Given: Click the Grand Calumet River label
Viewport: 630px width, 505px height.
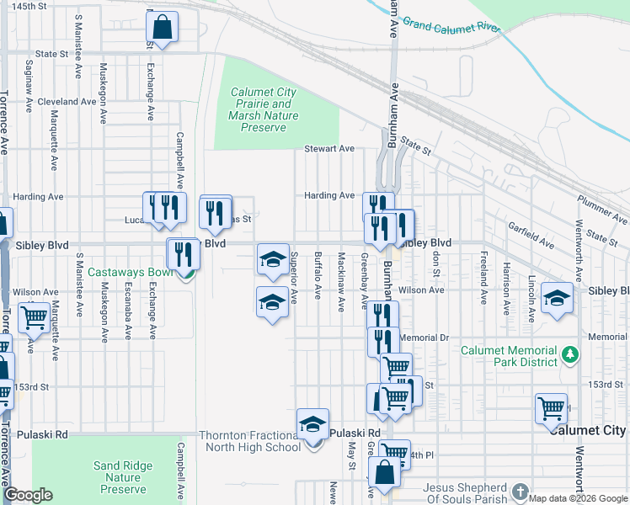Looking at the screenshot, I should [451, 24].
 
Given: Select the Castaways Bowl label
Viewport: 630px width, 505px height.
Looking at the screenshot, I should [128, 273].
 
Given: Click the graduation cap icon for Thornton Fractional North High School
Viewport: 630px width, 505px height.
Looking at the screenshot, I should [312, 425].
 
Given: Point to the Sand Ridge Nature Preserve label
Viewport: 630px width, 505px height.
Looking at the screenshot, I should [123, 477].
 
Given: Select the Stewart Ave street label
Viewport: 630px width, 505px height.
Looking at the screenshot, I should [328, 149].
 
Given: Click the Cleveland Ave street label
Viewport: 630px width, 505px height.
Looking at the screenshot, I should [67, 101].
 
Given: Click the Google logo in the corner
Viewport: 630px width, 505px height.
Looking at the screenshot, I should [29, 495].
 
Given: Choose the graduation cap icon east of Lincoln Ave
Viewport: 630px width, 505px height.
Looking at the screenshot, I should [556, 300].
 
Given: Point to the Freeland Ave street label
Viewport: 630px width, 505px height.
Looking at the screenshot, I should [483, 277].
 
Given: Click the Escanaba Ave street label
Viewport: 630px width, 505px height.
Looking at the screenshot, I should [128, 311].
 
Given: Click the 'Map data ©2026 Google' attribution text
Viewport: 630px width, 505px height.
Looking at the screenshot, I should [579, 498].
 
